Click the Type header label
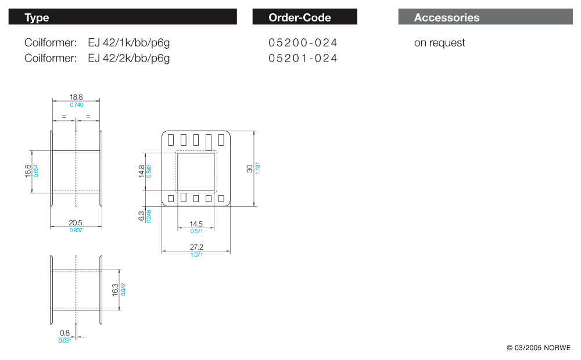click(x=37, y=17)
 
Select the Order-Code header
click(x=300, y=17)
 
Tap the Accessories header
click(x=447, y=17)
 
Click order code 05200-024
click(x=303, y=42)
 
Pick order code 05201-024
click(x=303, y=58)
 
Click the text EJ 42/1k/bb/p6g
click(x=129, y=42)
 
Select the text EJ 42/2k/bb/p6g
click(x=129, y=58)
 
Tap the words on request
click(x=439, y=42)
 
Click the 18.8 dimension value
click(x=76, y=98)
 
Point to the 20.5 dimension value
click(x=76, y=222)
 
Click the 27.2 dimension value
click(x=196, y=247)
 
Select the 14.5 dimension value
click(x=196, y=224)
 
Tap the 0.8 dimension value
click(x=64, y=333)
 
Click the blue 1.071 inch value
click(x=196, y=255)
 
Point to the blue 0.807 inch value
click(x=76, y=230)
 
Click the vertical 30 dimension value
click(x=250, y=168)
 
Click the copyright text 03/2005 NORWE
click(x=539, y=348)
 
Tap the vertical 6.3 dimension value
click(x=141, y=216)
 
